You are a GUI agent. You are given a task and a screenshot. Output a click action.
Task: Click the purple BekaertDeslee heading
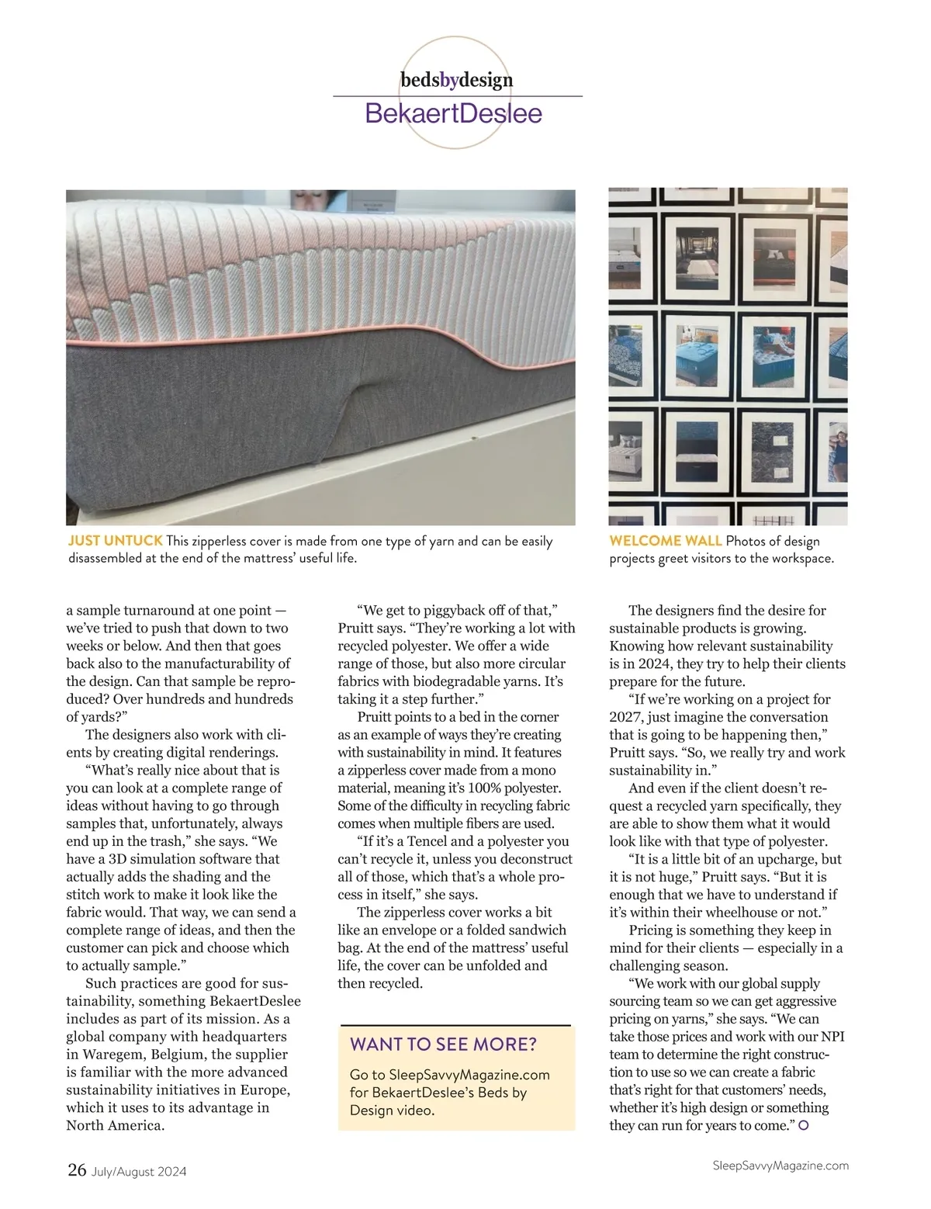453,113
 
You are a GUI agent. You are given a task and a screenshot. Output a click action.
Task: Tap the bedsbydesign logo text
456,80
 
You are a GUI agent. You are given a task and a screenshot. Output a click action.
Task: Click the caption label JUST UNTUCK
115,541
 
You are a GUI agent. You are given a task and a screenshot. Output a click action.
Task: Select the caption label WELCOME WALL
665,541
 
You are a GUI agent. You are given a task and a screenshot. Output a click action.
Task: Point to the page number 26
77,1170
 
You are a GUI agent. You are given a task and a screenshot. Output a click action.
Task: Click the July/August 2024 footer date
139,1172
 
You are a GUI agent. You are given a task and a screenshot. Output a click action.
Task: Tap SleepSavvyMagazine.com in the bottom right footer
780,1166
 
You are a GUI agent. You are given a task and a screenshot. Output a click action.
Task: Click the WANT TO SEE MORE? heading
443,1044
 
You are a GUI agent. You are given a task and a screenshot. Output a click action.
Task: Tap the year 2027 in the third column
625,717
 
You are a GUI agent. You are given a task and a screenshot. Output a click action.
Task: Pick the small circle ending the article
804,1125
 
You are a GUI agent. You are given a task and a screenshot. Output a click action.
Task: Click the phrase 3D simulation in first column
141,859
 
